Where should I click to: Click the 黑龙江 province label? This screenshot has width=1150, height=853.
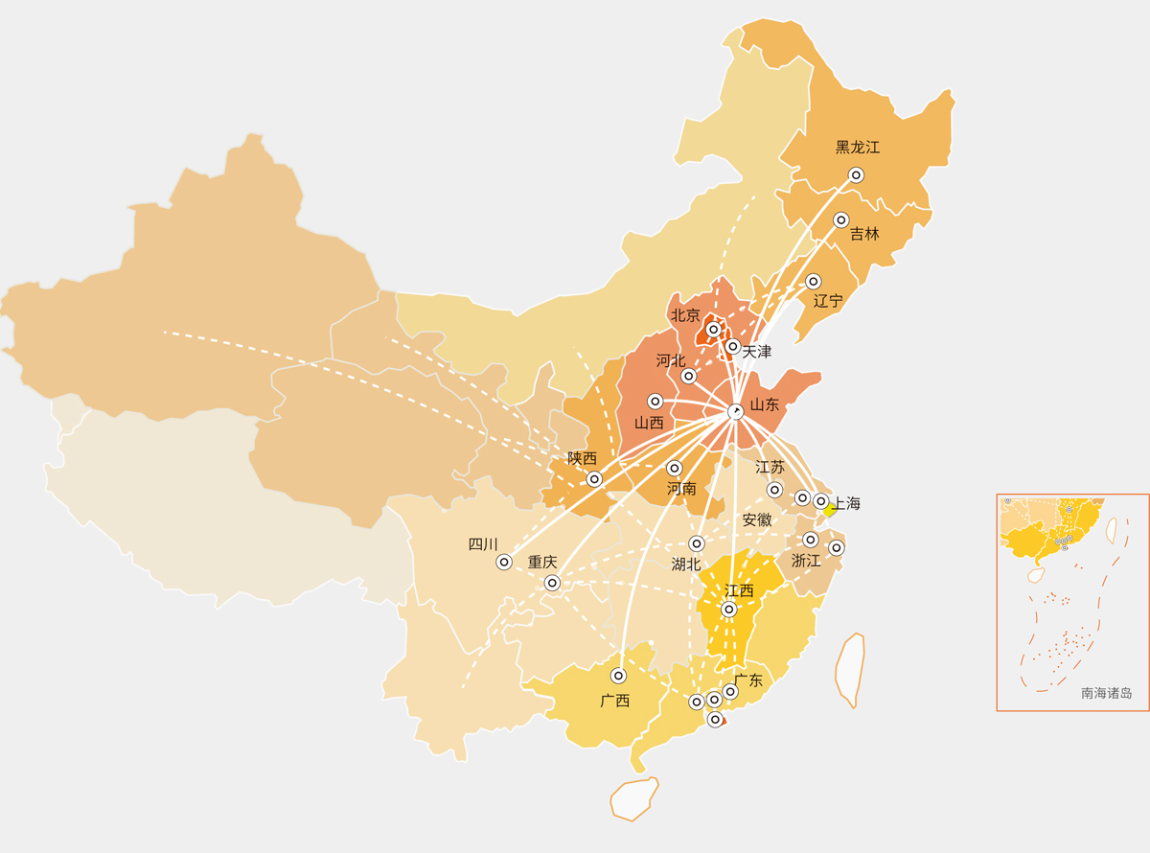tap(857, 148)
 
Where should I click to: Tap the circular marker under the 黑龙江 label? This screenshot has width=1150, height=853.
tap(856, 175)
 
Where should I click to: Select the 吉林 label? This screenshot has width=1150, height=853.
tap(863, 234)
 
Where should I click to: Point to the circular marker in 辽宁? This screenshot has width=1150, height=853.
tap(813, 282)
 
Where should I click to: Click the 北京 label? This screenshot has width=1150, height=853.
tap(685, 315)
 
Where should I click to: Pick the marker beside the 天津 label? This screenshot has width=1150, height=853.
tap(732, 347)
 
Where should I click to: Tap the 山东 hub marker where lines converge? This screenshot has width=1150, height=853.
tap(735, 411)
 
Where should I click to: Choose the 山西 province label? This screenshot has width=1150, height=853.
tap(649, 423)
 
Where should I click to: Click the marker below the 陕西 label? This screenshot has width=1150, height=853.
tap(594, 479)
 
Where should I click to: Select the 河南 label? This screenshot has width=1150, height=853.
tap(681, 489)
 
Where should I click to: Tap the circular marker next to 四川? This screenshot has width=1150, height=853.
tap(504, 563)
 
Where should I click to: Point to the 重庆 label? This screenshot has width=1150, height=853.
tap(542, 563)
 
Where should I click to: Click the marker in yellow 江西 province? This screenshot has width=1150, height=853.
tap(728, 610)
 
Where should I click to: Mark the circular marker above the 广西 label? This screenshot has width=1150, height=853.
tap(618, 676)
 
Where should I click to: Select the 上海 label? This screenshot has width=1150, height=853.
tap(846, 503)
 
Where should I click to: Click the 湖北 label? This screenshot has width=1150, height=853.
tap(686, 565)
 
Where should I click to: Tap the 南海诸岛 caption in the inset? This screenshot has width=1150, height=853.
tap(1106, 693)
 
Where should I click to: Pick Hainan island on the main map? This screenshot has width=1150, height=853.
tap(634, 798)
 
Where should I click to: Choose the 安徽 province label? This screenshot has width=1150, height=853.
tap(757, 520)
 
